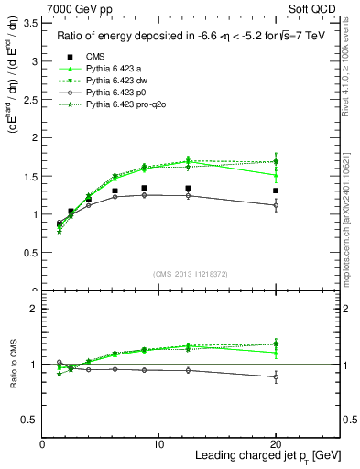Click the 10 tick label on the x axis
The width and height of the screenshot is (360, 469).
[158, 444]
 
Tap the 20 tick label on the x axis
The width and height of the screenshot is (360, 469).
[276, 444]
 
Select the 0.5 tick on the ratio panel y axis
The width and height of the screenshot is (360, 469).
[31, 420]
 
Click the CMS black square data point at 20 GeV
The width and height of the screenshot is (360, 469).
[276, 191]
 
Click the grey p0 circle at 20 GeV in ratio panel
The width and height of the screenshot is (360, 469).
[276, 376]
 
